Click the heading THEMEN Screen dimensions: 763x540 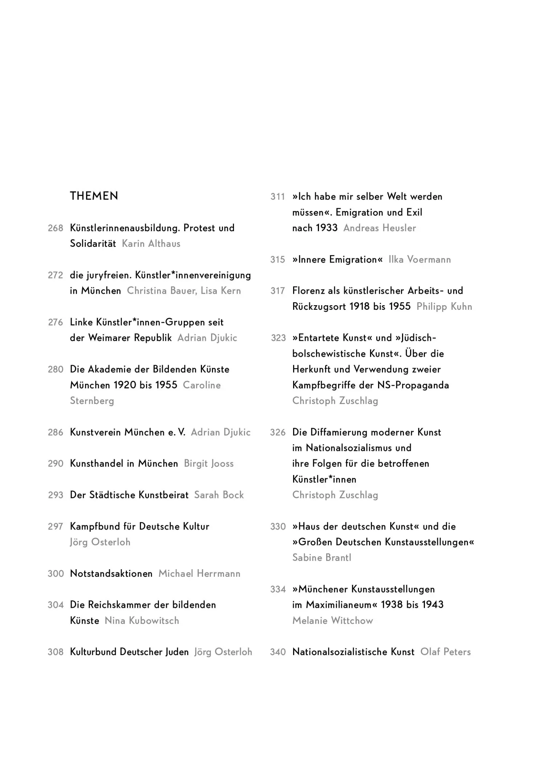tap(94, 196)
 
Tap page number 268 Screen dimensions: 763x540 tap(55, 228)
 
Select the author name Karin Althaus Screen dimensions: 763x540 tap(151, 244)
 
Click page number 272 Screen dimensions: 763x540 tap(55, 275)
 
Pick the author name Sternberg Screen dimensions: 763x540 tap(92, 401)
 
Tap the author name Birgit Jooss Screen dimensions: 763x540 tap(208, 464)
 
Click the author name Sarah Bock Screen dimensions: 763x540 tap(219, 495)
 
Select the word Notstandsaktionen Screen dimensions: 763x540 tap(111, 574)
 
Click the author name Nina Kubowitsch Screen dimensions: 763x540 tap(142, 621)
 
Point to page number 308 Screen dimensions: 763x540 tap(55, 652)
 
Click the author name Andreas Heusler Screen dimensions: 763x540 tap(380, 228)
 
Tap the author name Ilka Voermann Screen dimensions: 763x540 tap(420, 260)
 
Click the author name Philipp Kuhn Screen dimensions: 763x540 tap(444, 307)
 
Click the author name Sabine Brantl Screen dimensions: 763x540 tap(322, 558)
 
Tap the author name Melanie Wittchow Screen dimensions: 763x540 tap(332, 621)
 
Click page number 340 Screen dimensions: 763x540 tap(278, 652)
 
